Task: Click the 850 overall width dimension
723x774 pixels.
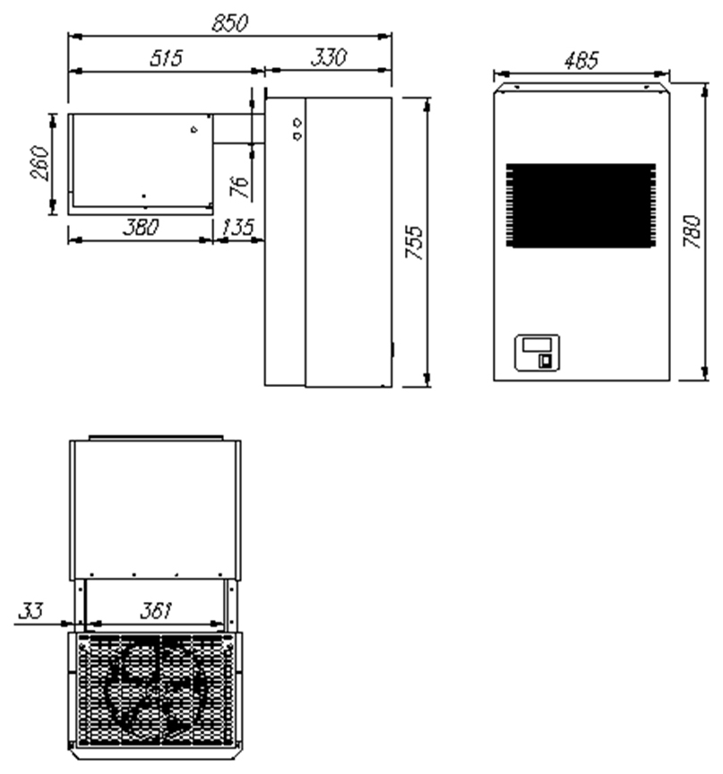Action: coord(229,23)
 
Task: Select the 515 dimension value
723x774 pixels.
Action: coord(167,57)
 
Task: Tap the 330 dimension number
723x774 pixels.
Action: coord(329,57)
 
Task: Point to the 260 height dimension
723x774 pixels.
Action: coord(40,163)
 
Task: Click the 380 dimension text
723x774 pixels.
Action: coord(142,228)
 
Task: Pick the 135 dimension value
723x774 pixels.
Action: coord(237,228)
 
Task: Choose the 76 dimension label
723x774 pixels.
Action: coord(240,186)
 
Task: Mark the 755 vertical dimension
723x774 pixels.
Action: coord(414,243)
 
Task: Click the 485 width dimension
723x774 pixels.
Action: coord(581,60)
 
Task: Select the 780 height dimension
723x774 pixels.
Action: coord(692,231)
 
